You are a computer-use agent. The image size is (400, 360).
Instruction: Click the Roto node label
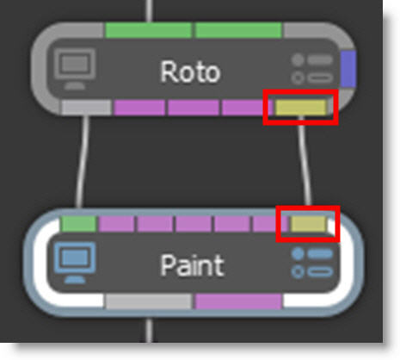tap(190, 71)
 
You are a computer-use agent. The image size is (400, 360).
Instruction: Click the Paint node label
tap(192, 265)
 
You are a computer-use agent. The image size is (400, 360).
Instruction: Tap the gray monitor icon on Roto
tap(74, 69)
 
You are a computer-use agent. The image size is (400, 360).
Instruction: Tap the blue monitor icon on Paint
tap(75, 263)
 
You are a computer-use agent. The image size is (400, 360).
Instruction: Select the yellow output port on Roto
tap(300, 108)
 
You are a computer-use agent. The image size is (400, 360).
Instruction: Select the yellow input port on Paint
tap(309, 224)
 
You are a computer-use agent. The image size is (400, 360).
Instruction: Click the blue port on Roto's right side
tap(348, 69)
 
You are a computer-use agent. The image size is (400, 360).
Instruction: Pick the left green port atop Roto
tap(148, 30)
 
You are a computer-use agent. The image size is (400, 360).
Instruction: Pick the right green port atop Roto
tap(238, 30)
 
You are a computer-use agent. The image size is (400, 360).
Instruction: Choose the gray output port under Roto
tap(87, 108)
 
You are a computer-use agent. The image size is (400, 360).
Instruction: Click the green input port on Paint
tap(78, 224)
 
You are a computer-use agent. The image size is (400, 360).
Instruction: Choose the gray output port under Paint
tap(149, 301)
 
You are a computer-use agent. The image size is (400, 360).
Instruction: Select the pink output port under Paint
tap(238, 301)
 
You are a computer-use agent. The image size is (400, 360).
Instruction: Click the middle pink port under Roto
tap(194, 108)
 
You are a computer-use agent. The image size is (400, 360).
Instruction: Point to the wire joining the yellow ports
tap(305, 161)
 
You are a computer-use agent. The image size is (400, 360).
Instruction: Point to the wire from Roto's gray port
tap(82, 161)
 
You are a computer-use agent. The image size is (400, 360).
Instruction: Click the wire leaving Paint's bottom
tap(149, 330)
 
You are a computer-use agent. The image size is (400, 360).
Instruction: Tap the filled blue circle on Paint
tap(298, 254)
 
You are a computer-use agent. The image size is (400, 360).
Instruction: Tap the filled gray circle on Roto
tap(298, 59)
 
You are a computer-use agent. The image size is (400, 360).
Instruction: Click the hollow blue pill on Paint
tap(320, 271)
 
